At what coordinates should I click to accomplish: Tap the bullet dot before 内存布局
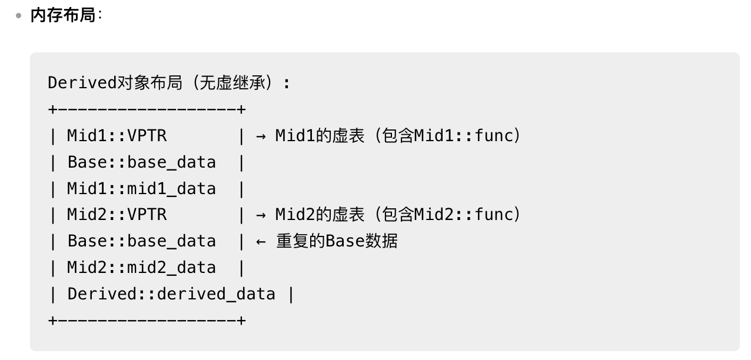click(18, 16)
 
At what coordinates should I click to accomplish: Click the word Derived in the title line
click(82, 84)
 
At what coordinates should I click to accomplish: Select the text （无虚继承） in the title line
click(235, 84)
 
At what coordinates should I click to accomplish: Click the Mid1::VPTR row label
click(117, 136)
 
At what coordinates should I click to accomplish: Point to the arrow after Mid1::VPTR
click(261, 136)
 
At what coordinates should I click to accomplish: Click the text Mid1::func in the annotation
click(464, 136)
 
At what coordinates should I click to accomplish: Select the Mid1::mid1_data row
click(141, 189)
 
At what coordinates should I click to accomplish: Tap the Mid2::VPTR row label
click(117, 215)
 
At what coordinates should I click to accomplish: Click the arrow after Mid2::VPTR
click(261, 215)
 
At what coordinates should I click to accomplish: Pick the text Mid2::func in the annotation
click(464, 215)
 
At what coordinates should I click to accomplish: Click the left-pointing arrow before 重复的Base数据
click(261, 242)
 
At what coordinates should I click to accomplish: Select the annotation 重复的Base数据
click(337, 242)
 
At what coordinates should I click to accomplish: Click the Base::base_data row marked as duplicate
click(141, 242)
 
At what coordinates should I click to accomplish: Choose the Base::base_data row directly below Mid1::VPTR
click(141, 163)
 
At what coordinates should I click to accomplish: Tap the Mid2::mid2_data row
click(141, 268)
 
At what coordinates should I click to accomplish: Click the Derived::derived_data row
click(171, 294)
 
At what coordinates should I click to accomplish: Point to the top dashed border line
click(147, 110)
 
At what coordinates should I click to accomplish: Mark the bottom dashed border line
click(147, 321)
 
